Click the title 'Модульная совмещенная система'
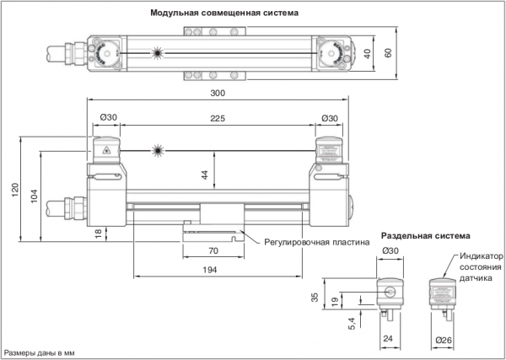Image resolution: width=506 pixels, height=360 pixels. click(x=224, y=13)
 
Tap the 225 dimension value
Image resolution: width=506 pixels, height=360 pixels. click(x=218, y=120)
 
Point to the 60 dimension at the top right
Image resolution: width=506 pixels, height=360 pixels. click(x=389, y=52)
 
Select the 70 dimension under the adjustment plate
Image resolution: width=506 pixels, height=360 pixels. click(x=213, y=251)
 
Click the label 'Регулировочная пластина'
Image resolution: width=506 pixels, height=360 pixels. click(x=316, y=239)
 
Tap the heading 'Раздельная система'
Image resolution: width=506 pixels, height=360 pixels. click(x=426, y=235)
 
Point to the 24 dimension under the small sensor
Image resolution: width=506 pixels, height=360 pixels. click(x=389, y=341)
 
